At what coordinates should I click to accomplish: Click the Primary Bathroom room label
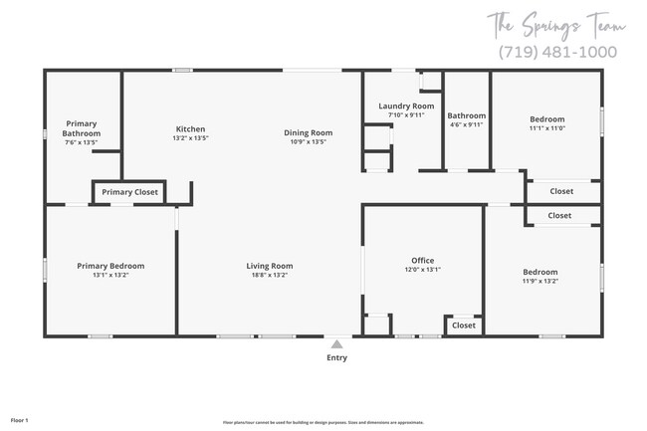82,128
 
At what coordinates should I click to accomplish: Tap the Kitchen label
190,129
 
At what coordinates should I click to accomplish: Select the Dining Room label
308,132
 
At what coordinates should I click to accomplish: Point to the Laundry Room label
406,106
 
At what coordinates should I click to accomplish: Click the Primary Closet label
129,192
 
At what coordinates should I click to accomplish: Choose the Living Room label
270,266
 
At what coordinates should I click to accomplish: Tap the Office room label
423,261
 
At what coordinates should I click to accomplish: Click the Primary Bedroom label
111,266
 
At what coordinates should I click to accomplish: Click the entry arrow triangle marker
336,343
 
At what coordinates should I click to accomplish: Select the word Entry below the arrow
336,357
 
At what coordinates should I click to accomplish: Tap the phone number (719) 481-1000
555,52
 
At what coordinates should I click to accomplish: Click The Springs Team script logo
552,23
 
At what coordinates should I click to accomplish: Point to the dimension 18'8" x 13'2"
270,276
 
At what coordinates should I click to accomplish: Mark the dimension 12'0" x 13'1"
423,270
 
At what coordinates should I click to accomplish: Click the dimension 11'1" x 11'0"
546,127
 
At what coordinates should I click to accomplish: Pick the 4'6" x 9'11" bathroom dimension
466,125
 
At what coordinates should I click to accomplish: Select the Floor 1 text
20,406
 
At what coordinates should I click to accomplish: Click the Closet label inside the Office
464,325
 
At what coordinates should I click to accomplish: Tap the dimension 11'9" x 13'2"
540,281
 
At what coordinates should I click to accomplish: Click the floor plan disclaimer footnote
323,422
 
